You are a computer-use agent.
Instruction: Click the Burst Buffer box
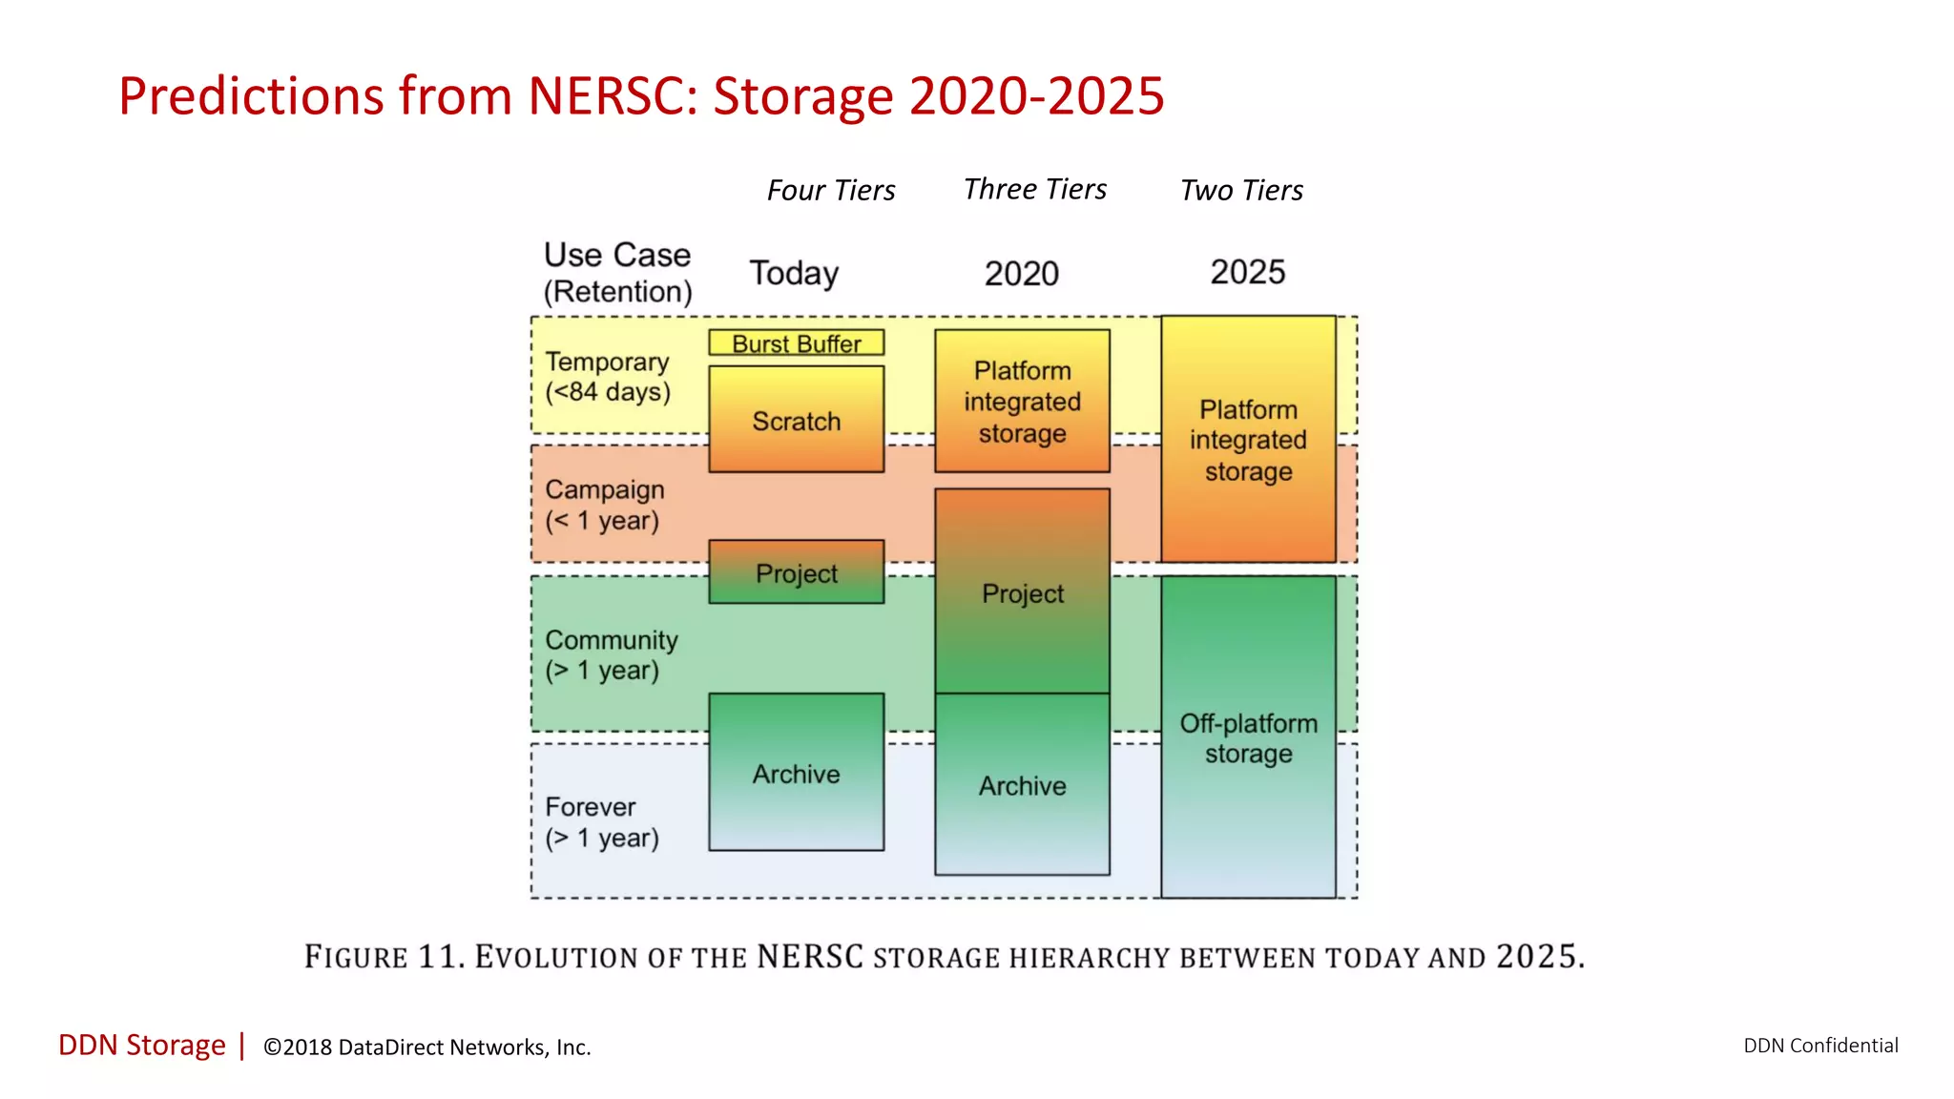796,343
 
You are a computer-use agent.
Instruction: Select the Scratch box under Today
796,420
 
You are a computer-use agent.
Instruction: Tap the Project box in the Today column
796,572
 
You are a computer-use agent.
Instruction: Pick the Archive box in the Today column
796,773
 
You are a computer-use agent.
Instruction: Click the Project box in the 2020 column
1022,592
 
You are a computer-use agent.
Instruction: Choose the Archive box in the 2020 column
1022,785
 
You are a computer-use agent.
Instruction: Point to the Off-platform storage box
1248,737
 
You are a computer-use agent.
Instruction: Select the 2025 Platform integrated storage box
1248,440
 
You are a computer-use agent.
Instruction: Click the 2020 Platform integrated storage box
1022,402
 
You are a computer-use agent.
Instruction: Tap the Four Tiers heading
831,191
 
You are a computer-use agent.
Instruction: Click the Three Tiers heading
1035,189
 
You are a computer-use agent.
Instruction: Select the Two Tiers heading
1241,191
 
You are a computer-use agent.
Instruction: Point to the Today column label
794,273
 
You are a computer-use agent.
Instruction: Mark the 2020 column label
1022,274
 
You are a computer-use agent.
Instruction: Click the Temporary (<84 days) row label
608,377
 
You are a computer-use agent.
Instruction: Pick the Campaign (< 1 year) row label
604,505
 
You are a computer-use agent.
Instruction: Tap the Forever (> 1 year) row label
601,821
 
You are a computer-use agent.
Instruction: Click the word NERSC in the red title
613,96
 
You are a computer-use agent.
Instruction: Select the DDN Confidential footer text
1820,1046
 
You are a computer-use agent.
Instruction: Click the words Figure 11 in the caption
384,956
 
